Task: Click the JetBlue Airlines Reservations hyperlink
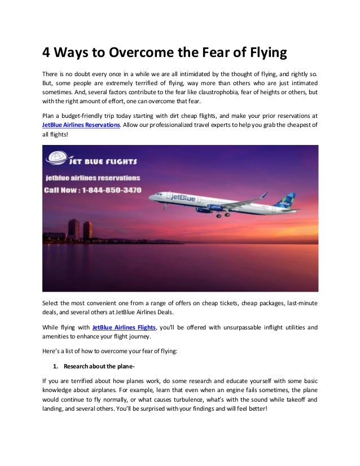click(x=81, y=124)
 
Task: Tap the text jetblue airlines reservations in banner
click(x=92, y=177)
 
